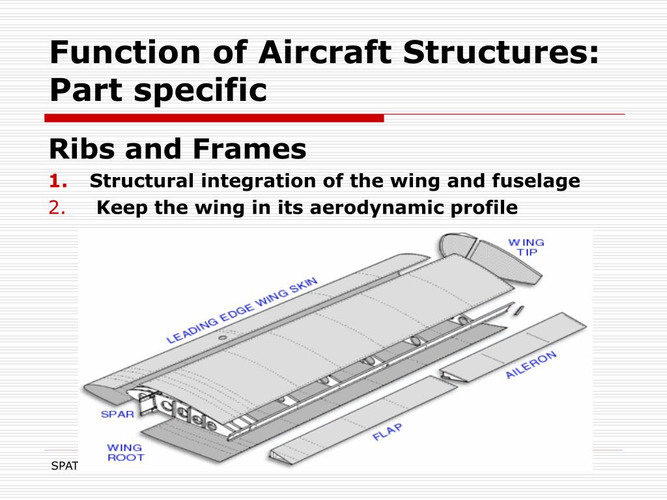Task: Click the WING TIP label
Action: point(526,247)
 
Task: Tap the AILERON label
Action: point(531,365)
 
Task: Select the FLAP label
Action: point(387,432)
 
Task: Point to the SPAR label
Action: point(117,413)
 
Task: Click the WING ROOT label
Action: point(124,452)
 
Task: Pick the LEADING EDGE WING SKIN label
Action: point(242,310)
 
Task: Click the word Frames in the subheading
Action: point(249,150)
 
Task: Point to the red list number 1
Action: point(56,181)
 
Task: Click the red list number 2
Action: point(57,208)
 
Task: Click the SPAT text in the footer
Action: point(64,465)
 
